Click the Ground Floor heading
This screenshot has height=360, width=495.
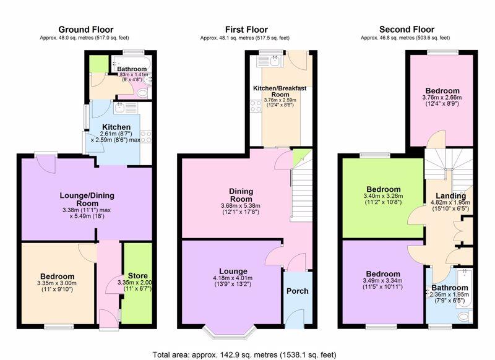pyautogui.click(x=86, y=30)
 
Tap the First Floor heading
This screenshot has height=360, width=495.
pyautogui.click(x=246, y=30)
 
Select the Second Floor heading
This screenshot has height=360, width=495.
pyautogui.click(x=407, y=30)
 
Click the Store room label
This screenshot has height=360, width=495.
pyautogui.click(x=137, y=276)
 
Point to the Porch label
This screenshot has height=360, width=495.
pyautogui.click(x=298, y=291)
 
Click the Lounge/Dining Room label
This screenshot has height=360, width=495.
pyautogui.click(x=87, y=199)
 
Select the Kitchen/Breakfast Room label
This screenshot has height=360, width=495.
pyautogui.click(x=280, y=91)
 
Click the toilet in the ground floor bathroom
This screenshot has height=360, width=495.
pyautogui.click(x=144, y=93)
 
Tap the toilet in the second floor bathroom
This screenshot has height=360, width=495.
pyautogui.click(x=465, y=316)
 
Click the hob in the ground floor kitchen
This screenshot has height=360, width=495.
pyautogui.click(x=146, y=137)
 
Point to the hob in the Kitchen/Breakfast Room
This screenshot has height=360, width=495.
pyautogui.click(x=256, y=106)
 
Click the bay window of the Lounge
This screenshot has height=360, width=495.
pyautogui.click(x=229, y=332)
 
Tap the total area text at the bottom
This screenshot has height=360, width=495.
pyautogui.click(x=244, y=355)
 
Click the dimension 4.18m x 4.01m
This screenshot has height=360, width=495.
pyautogui.click(x=233, y=278)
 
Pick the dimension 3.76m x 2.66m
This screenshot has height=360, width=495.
pyautogui.click(x=442, y=98)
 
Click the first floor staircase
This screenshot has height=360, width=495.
pyautogui.click(x=302, y=193)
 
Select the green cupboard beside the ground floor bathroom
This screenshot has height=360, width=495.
pyautogui.click(x=99, y=64)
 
